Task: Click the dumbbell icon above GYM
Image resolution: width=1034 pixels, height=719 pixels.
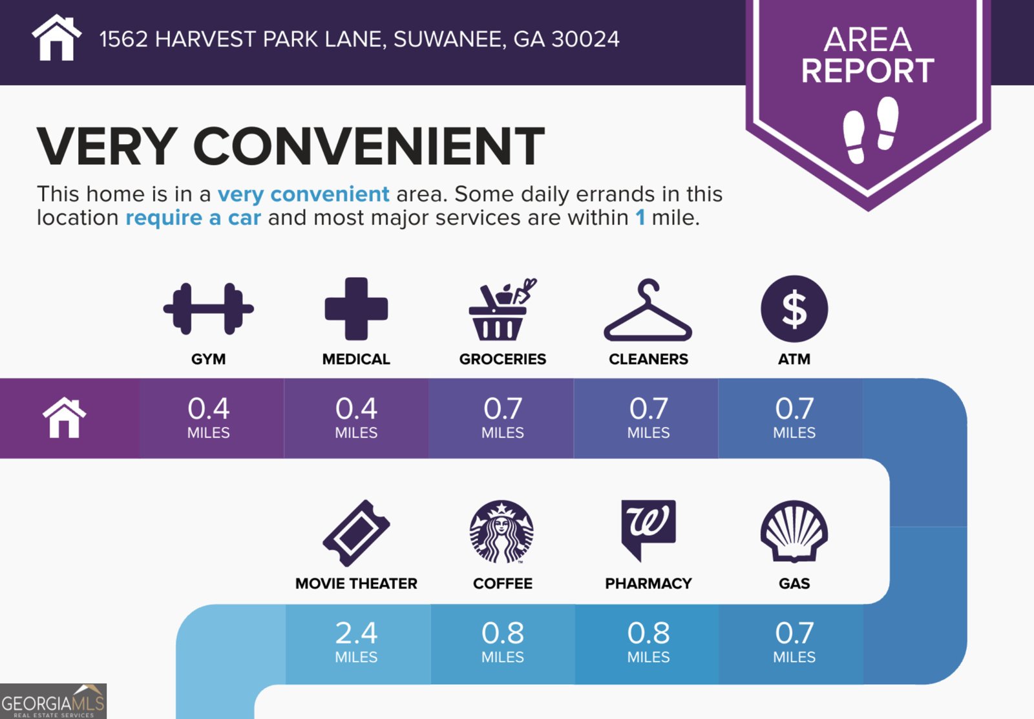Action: [x=208, y=309]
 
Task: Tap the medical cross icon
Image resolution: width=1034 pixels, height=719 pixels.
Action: [x=356, y=309]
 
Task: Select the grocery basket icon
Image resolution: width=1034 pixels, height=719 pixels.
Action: [x=501, y=309]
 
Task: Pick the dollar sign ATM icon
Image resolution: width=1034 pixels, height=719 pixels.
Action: [x=794, y=309]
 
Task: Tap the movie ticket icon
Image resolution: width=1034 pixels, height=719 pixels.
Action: [x=356, y=533]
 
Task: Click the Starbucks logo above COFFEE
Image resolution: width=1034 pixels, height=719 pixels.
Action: [x=501, y=532]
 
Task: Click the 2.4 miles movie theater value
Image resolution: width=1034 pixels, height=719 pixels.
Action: [x=356, y=641]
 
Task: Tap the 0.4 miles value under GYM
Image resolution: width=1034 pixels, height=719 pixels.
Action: [x=208, y=417]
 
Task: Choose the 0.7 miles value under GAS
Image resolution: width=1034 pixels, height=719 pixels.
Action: [x=794, y=641]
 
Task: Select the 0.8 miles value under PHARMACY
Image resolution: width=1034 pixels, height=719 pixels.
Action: [x=648, y=641]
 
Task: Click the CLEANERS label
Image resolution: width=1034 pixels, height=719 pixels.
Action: [x=648, y=359]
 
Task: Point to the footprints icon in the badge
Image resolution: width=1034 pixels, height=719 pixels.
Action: [x=870, y=129]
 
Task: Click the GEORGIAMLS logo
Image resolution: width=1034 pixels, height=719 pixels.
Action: [x=53, y=702]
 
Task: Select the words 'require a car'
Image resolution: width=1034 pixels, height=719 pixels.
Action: [x=193, y=218]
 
